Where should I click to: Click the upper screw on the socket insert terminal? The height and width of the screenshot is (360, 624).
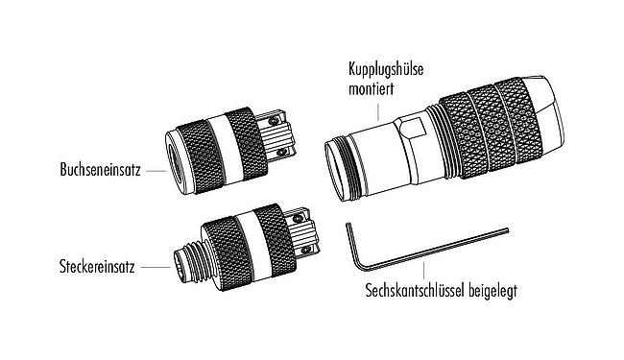pyautogui.click(x=276, y=121)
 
